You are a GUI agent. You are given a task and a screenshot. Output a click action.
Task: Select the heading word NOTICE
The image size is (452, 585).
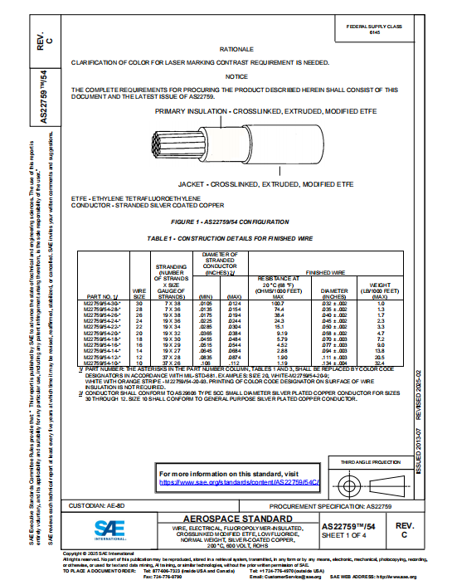(237, 76)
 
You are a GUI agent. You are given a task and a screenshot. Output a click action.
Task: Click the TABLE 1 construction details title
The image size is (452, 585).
(237, 238)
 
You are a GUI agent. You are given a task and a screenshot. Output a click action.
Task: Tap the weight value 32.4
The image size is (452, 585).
(381, 363)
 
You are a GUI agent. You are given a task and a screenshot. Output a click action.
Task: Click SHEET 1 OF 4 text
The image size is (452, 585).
(348, 536)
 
